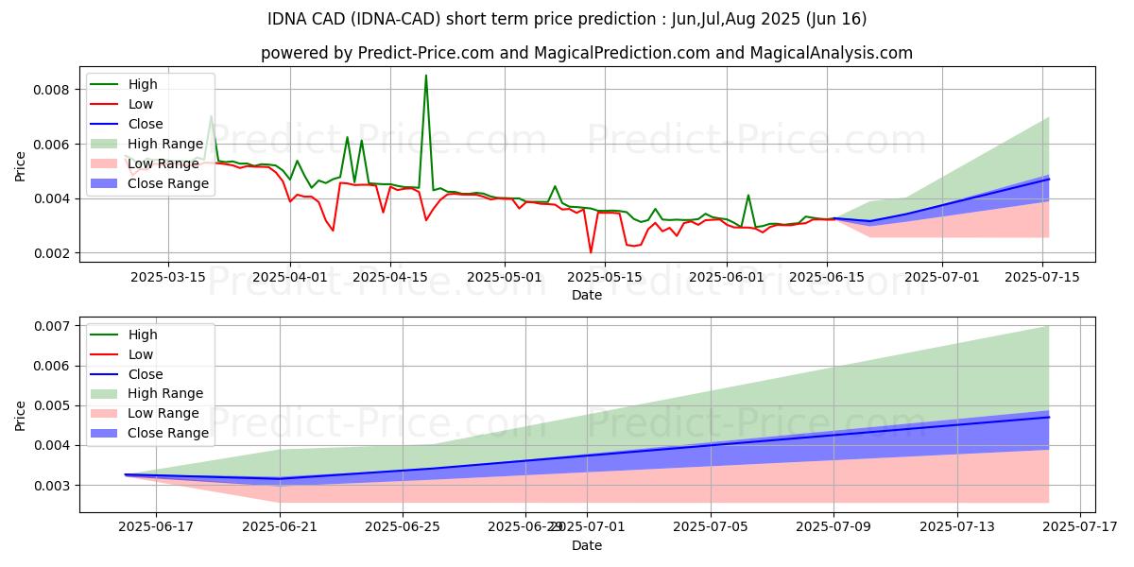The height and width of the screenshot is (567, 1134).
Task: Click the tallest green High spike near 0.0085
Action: (x=426, y=76)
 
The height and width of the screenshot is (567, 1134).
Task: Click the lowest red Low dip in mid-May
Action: (x=591, y=252)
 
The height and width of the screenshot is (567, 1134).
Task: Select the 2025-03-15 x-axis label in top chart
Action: (x=168, y=278)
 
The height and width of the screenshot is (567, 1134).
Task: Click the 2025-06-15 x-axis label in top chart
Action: (x=827, y=278)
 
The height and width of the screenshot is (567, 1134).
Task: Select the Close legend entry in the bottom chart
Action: (x=146, y=373)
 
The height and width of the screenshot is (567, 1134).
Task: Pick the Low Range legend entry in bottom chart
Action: (x=166, y=413)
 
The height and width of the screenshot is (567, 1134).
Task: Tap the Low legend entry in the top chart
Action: (x=142, y=104)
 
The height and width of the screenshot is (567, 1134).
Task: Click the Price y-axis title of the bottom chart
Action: (x=21, y=415)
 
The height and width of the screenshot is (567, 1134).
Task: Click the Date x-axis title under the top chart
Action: (x=586, y=295)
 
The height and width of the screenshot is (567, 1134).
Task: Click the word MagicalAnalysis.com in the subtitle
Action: (x=832, y=53)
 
